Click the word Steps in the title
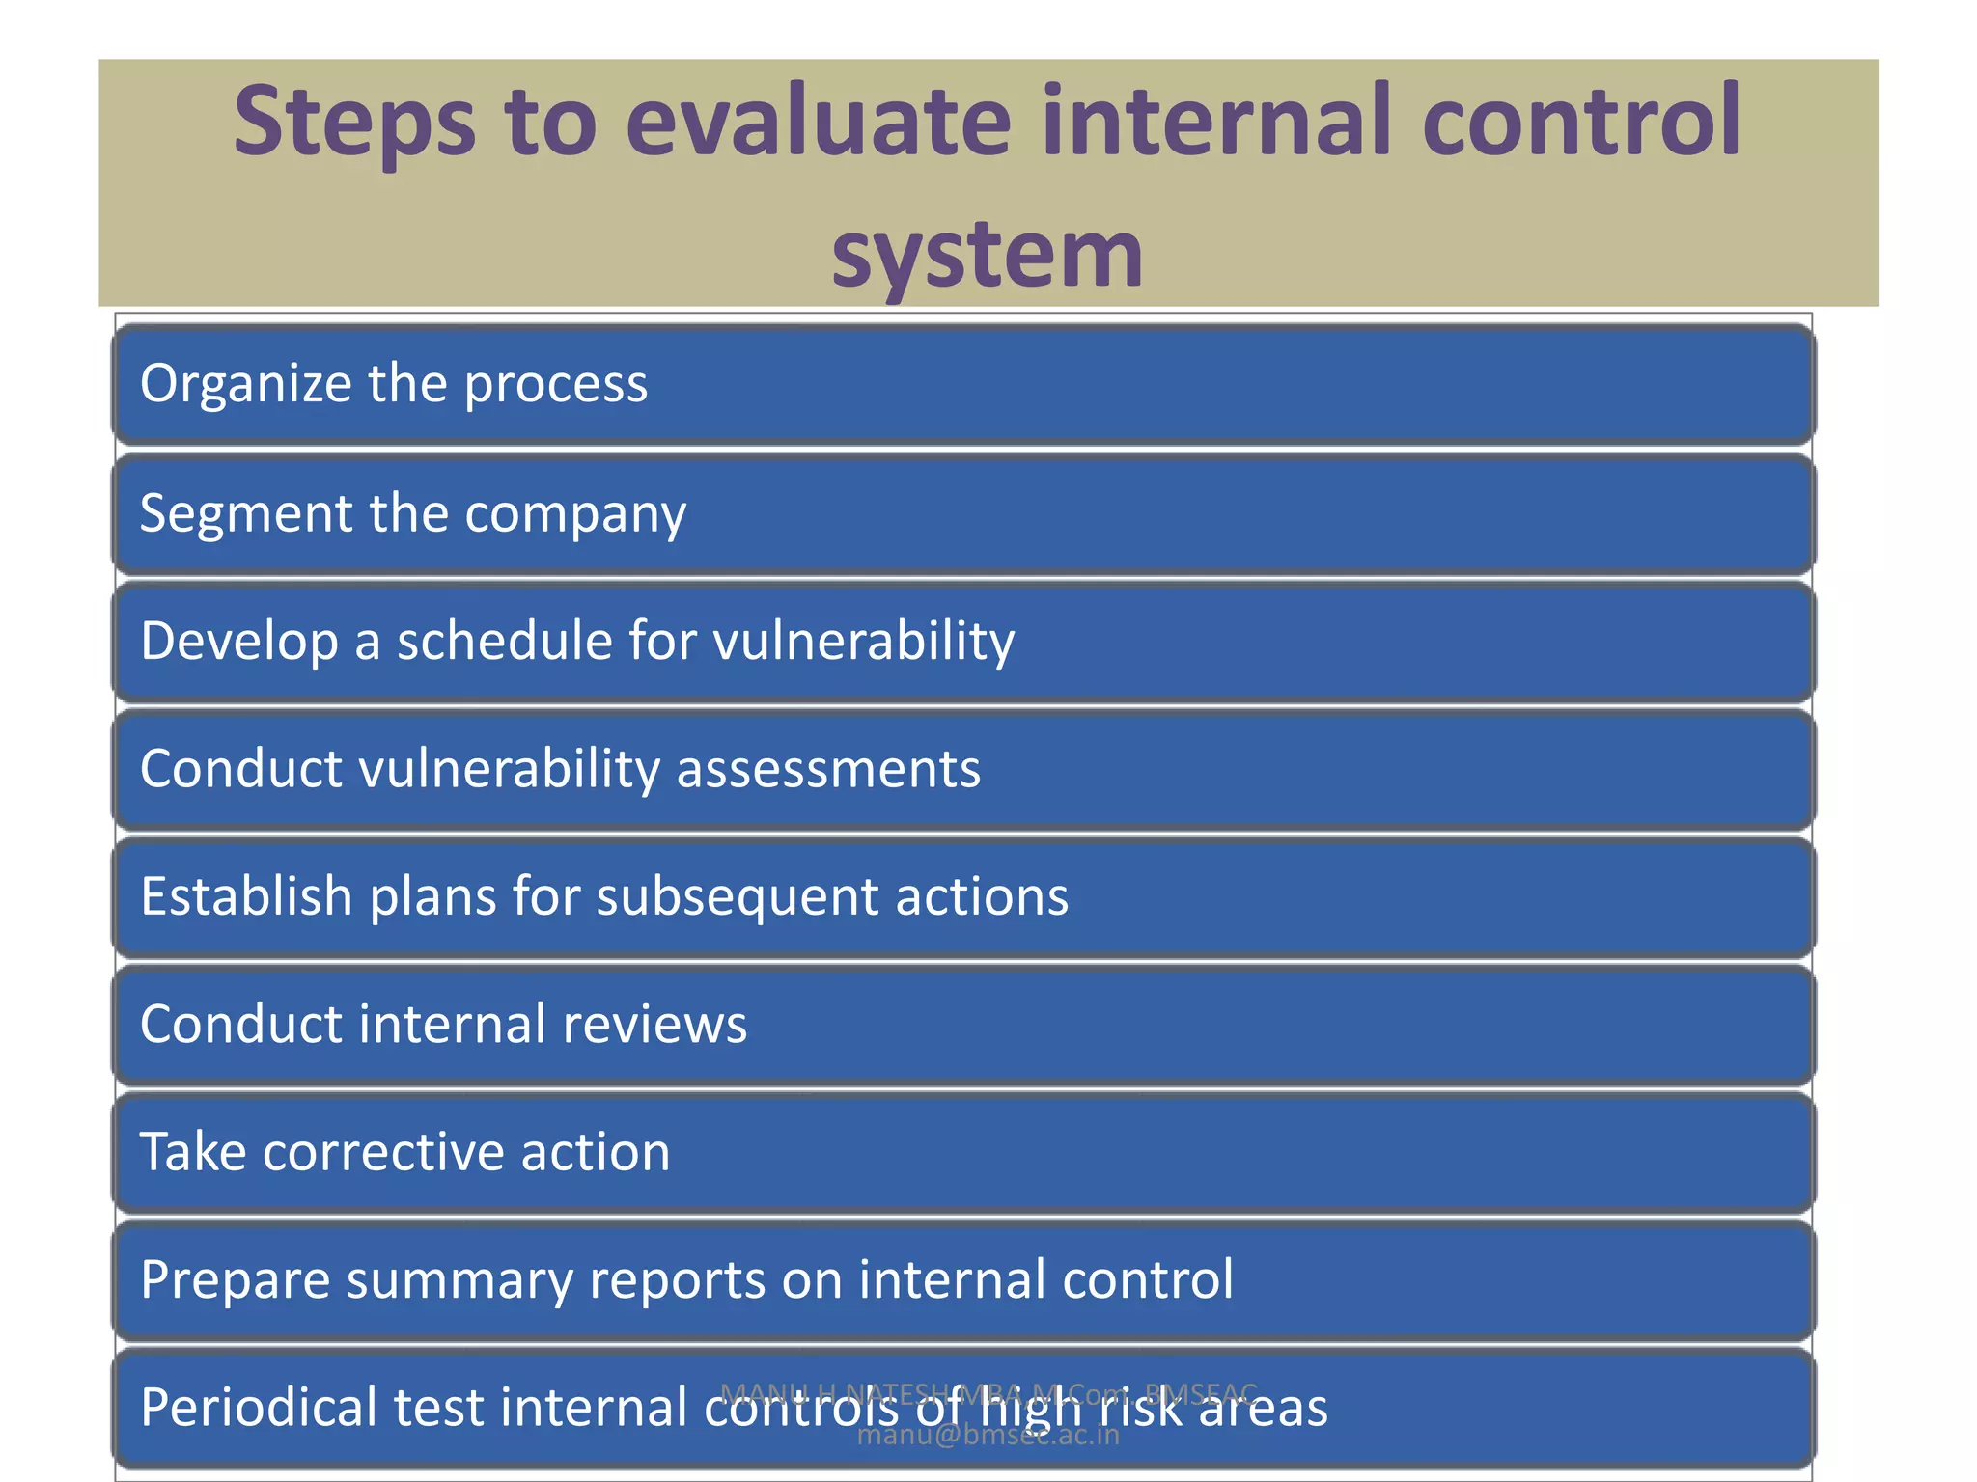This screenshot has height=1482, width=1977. (354, 123)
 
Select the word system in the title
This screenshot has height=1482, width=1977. (988, 255)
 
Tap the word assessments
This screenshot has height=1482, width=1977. (828, 769)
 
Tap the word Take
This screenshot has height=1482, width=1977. (192, 1152)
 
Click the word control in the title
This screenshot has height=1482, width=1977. (1581, 123)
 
